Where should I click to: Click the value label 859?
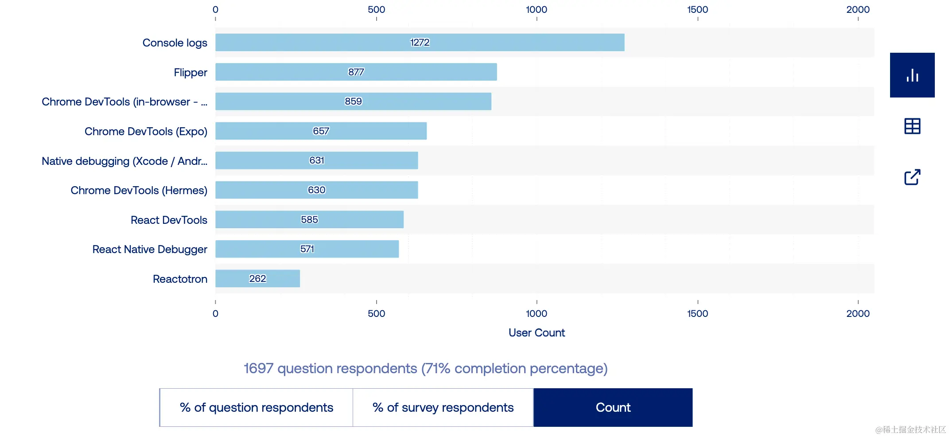pyautogui.click(x=353, y=101)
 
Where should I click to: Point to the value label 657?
pyautogui.click(x=321, y=131)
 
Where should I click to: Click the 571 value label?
pyautogui.click(x=307, y=249)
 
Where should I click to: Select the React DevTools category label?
pyautogui.click(x=169, y=220)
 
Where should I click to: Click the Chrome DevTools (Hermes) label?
pyautogui.click(x=139, y=190)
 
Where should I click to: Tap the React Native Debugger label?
pyautogui.click(x=149, y=250)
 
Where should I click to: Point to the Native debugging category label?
pyautogui.click(x=124, y=161)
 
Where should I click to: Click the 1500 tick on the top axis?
pyautogui.click(x=697, y=10)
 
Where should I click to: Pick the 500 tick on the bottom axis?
pyautogui.click(x=376, y=313)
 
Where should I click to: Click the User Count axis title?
pyautogui.click(x=537, y=333)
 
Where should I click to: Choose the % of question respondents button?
pyautogui.click(x=256, y=407)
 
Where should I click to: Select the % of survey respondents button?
pyautogui.click(x=443, y=407)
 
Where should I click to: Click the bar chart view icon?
pyautogui.click(x=912, y=75)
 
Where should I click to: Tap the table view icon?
pyautogui.click(x=912, y=126)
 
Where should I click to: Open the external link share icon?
pyautogui.click(x=912, y=177)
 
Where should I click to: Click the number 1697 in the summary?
pyautogui.click(x=258, y=368)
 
